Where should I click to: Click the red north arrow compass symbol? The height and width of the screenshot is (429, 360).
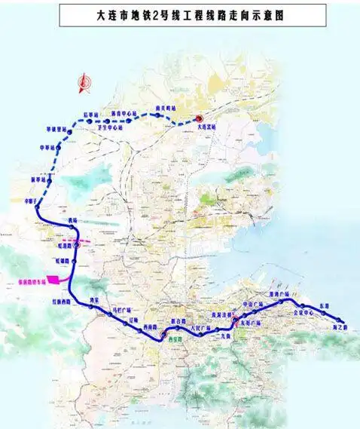[84, 83]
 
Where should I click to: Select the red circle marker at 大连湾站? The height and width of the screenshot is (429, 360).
[198, 118]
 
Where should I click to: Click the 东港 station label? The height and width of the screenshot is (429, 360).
[325, 305]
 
